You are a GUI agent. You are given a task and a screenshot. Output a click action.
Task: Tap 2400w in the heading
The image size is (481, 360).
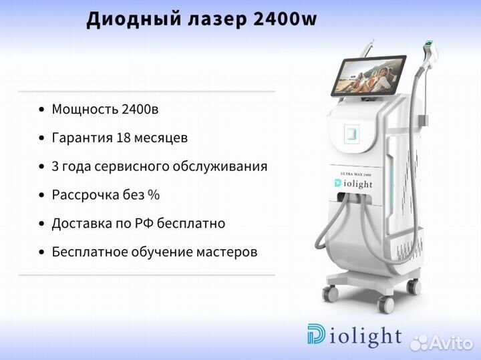tap(285, 19)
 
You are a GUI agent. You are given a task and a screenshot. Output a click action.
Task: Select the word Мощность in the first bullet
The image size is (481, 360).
tap(85, 109)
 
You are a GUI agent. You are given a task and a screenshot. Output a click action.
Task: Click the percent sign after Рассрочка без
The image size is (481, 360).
tap(154, 195)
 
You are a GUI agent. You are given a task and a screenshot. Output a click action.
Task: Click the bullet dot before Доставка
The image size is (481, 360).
tap(41, 224)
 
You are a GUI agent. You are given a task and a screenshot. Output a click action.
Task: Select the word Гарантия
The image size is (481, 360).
tap(82, 138)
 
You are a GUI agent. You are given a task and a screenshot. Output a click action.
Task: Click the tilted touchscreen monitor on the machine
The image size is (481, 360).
tap(368, 75)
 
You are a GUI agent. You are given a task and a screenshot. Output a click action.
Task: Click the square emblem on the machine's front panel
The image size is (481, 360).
tap(352, 134)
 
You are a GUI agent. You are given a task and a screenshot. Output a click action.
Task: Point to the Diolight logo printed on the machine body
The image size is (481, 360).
tap(353, 184)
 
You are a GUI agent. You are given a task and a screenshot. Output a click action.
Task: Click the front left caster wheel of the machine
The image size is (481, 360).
tap(330, 293)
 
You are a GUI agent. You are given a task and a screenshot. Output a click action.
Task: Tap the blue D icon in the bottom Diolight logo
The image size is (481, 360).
tap(316, 334)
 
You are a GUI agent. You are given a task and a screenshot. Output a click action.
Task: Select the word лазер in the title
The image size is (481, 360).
tap(217, 19)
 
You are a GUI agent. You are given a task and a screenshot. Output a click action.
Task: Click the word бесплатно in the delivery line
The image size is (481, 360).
tap(191, 223)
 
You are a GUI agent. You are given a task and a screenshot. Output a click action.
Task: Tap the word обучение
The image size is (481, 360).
tap(162, 252)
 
